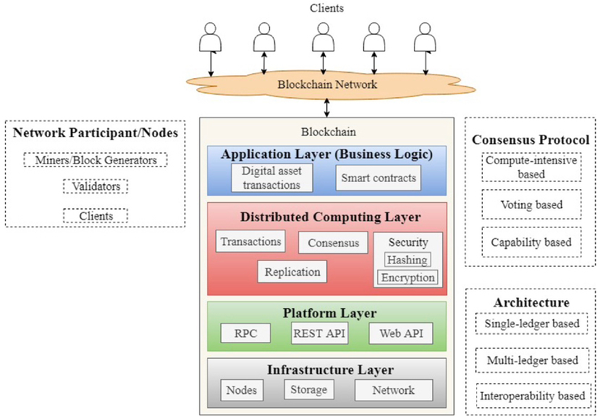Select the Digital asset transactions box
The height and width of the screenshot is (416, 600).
coord(271,178)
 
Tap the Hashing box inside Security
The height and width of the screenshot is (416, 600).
coord(407,259)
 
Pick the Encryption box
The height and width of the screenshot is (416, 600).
coord(408,278)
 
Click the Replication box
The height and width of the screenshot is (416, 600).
coord(292,272)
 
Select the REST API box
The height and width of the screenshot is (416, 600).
coord(319,333)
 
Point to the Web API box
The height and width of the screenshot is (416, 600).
coord(400,333)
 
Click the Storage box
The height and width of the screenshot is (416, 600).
coord(309,390)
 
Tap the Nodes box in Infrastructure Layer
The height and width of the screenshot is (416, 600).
coord(242,390)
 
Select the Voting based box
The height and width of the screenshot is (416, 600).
coord(531,205)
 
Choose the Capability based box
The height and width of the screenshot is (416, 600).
coord(531,242)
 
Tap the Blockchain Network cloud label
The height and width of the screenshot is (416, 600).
coord(327,85)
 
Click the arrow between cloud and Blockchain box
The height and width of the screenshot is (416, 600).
coord(328,108)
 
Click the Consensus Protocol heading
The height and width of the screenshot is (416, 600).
coord(531,140)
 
